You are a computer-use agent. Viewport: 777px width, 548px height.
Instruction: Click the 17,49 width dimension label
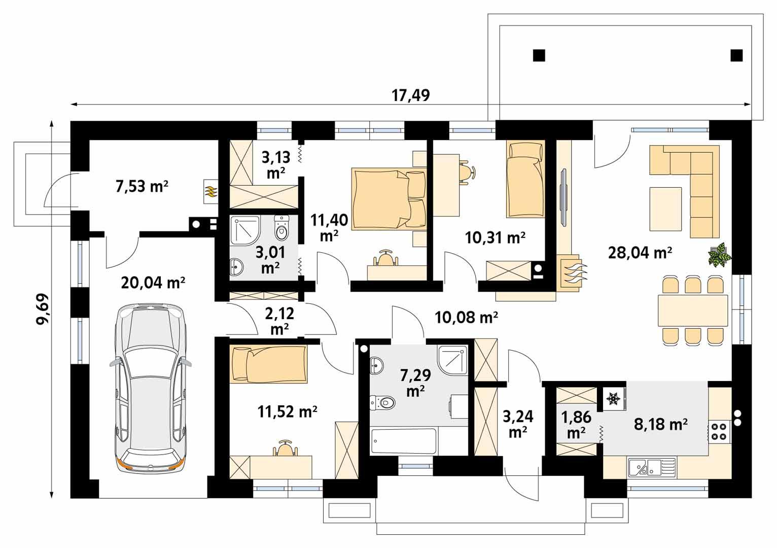[411, 95]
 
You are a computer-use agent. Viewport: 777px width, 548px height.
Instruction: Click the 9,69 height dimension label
[43, 310]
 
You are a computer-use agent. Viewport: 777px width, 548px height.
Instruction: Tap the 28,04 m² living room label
[640, 252]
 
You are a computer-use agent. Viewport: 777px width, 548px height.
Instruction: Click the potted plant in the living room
[719, 255]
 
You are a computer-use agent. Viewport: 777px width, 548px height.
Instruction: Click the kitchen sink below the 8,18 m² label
[652, 467]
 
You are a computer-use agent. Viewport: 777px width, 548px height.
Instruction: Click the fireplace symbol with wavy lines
[573, 272]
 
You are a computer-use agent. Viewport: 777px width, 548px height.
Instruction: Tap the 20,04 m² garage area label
[153, 283]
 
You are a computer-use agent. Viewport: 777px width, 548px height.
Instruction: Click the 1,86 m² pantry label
[576, 424]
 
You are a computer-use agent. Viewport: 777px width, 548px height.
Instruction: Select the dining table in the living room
[693, 311]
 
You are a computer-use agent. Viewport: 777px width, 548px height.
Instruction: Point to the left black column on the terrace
[539, 55]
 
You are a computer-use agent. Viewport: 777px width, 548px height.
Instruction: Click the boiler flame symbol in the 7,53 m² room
[210, 191]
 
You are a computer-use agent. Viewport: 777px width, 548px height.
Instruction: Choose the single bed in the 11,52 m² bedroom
[269, 363]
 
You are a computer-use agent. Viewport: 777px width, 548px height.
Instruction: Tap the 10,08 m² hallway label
[466, 318]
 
